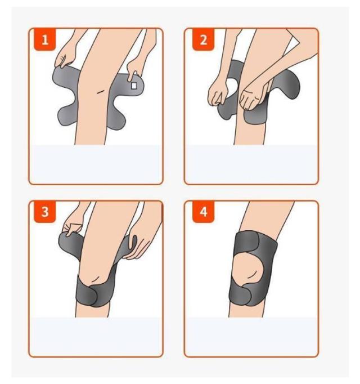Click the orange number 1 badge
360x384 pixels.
(45, 39)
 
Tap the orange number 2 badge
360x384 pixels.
(204, 39)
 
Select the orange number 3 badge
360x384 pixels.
(45, 212)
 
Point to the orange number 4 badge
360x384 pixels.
(204, 212)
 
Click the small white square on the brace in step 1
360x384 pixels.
(134, 86)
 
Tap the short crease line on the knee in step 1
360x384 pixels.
(100, 92)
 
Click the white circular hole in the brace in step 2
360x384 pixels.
(232, 87)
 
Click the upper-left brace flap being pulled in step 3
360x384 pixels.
(69, 245)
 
